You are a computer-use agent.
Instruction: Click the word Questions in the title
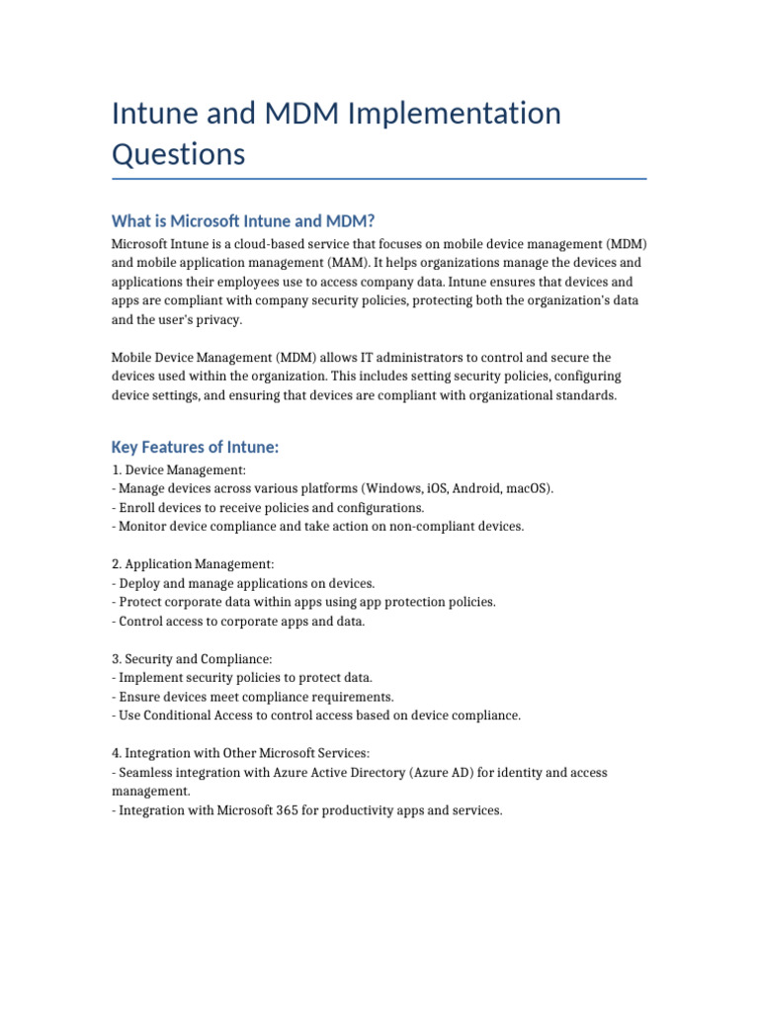[x=178, y=154]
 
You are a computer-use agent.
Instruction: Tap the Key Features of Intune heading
[x=196, y=448]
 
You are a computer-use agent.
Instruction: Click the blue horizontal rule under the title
[x=379, y=179]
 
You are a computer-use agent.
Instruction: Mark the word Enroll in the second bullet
[x=137, y=508]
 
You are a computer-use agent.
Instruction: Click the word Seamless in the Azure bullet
[x=145, y=773]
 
